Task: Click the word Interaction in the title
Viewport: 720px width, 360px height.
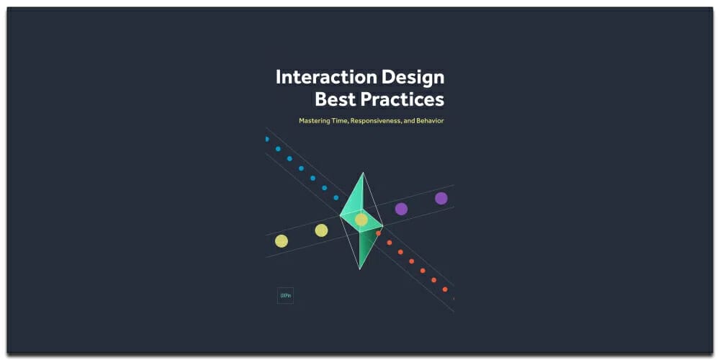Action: click(322, 77)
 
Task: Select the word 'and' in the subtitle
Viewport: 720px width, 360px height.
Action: click(408, 121)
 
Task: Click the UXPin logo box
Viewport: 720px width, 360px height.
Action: click(285, 295)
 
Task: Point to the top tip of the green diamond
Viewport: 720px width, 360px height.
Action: click(363, 173)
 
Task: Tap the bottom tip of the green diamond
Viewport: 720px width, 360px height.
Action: click(359, 269)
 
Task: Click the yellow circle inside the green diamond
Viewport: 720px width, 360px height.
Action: click(361, 220)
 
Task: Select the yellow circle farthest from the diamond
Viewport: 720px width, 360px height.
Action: click(282, 241)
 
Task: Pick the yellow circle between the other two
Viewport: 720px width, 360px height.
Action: click(321, 230)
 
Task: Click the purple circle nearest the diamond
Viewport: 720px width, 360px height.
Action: click(401, 209)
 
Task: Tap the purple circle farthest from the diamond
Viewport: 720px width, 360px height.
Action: click(441, 198)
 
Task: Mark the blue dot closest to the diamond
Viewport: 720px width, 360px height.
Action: click(336, 197)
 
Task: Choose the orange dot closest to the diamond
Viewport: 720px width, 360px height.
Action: click(378, 233)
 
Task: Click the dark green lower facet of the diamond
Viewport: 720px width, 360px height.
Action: click(368, 245)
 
